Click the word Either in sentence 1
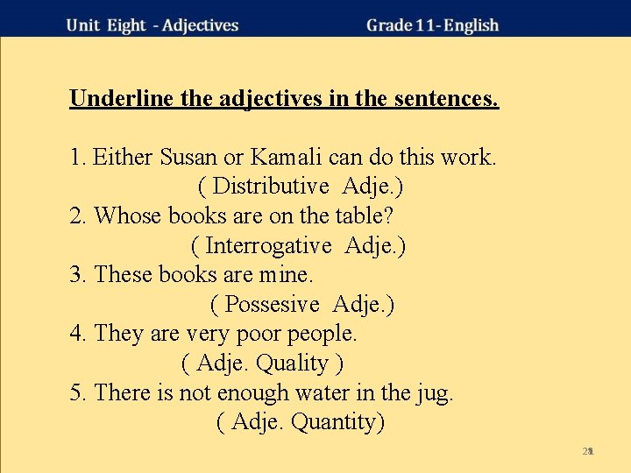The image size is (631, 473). [123, 158]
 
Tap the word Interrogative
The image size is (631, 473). [269, 246]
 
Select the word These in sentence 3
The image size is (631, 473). [123, 275]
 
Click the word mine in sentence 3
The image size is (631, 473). [284, 275]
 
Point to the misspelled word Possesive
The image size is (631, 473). [272, 305]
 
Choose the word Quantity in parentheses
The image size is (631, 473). [337, 422]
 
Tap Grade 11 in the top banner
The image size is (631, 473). [400, 25]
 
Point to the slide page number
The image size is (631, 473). [588, 451]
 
